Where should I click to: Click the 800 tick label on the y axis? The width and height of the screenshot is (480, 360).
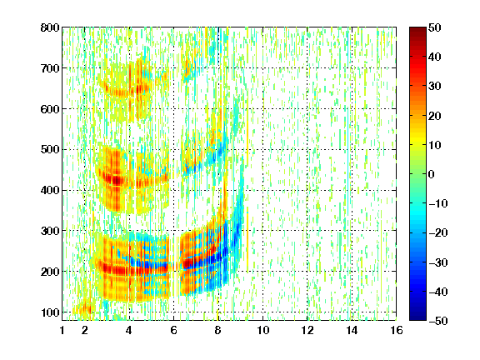coord(50,27)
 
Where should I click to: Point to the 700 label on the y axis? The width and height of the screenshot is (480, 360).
coord(50,68)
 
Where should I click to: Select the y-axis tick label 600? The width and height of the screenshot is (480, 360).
coord(50,109)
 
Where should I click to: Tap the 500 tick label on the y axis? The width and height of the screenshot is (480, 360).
coord(50,150)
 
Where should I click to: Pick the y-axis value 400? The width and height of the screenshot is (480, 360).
coord(50,190)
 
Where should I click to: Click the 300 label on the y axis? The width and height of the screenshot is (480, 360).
coord(50,231)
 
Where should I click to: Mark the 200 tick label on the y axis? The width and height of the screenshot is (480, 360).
coord(50,272)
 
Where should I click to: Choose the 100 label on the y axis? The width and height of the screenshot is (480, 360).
coord(50,312)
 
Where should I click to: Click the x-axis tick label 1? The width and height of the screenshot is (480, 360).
coord(62,330)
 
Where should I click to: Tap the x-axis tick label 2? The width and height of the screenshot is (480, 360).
coord(85,330)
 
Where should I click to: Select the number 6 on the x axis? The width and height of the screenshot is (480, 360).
coord(174,330)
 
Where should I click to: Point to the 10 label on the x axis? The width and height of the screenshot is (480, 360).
coord(263,330)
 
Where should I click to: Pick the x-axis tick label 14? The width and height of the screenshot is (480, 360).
coord(352,330)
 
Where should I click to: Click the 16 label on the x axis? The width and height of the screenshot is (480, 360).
coord(397,330)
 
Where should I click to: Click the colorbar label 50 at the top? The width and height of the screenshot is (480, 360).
coord(435,27)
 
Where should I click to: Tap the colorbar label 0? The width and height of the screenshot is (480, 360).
coord(432,174)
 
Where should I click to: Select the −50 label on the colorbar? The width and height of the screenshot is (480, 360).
coord(438,321)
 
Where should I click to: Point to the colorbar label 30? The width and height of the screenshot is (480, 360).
coord(435,87)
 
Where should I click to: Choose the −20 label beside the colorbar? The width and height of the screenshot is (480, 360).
coord(438,233)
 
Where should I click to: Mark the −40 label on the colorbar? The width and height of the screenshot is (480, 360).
coord(438,292)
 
